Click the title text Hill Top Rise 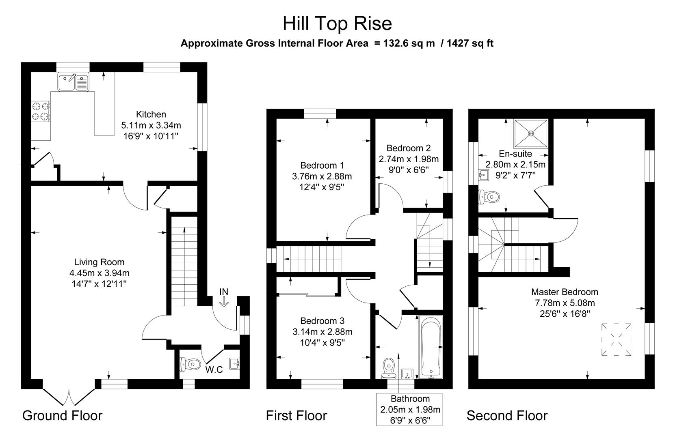[x=337, y=23]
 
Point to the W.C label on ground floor [x=214, y=369]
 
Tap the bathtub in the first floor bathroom [x=431, y=347]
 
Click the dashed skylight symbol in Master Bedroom [x=616, y=339]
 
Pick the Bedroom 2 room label [x=408, y=148]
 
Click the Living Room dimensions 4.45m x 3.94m [x=99, y=273]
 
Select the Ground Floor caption [x=62, y=415]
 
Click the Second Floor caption [x=506, y=415]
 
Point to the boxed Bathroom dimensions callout [x=409, y=409]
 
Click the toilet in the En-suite [x=489, y=197]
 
